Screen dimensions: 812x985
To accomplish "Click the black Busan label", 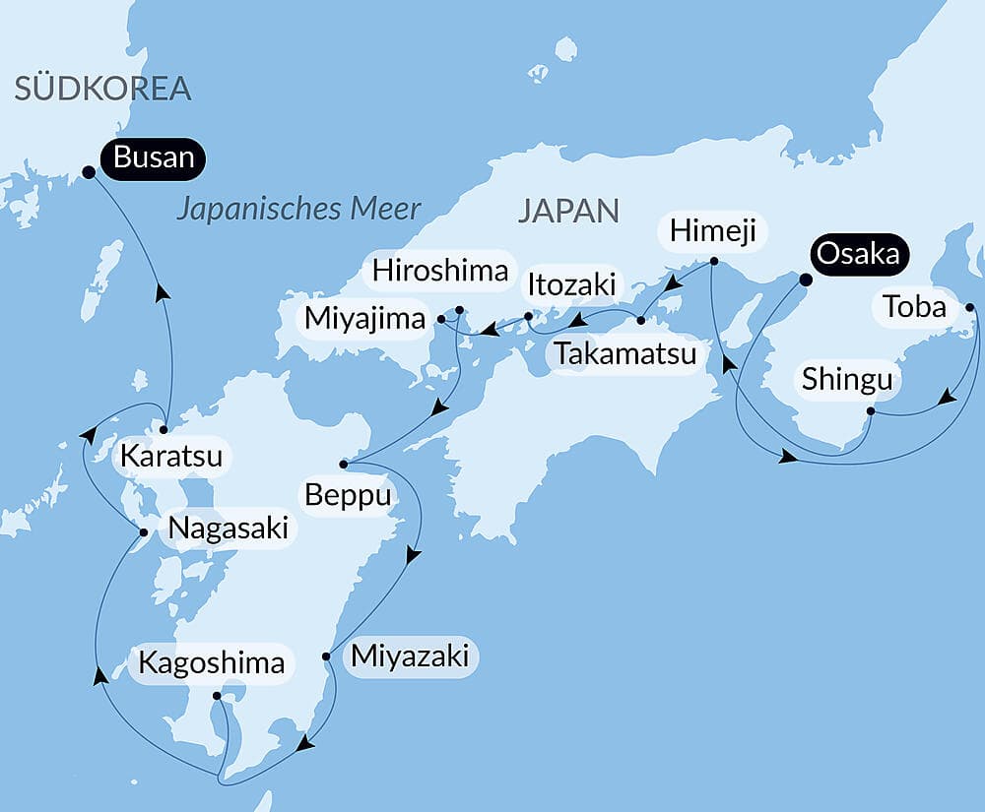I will coord(153,157).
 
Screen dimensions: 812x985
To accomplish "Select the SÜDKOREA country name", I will coord(101,90).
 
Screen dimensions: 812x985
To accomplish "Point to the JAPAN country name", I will coord(568,210).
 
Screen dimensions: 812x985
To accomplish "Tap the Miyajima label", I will coord(364,319).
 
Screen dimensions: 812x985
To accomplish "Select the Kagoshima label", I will coord(211,662).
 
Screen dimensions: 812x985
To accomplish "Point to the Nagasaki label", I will coord(228,529).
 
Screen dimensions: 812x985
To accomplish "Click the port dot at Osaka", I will coord(804,280).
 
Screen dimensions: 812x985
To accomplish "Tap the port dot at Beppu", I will coord(343,464).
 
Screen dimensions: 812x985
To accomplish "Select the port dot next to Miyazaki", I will coord(326,656).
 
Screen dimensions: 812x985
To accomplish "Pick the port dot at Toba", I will coord(969,308).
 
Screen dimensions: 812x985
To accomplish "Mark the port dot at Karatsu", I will coord(164,429).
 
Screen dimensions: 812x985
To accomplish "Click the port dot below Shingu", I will coord(871,410).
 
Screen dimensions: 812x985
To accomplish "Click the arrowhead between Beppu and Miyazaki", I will coord(413,556).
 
